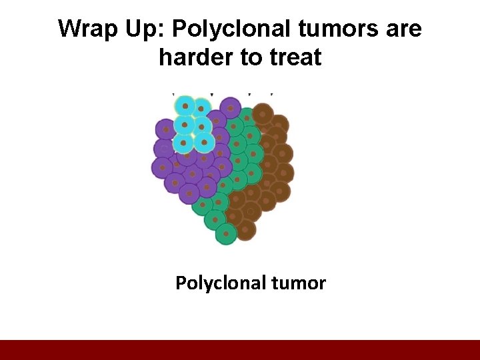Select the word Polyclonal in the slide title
tap(223, 29)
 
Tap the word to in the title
tap(251, 58)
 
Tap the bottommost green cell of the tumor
tap(226, 234)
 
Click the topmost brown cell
tap(263, 113)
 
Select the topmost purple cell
tap(230, 107)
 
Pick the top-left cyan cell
tap(185, 106)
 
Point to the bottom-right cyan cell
tap(203, 141)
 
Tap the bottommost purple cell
tap(189, 193)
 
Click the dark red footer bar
tap(240, 350)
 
